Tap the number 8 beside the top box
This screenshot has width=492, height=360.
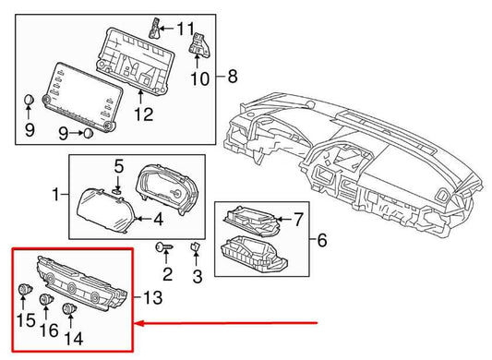coord(232,74)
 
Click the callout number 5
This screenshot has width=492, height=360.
coord(118,166)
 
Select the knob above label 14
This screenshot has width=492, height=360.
coord(69,308)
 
